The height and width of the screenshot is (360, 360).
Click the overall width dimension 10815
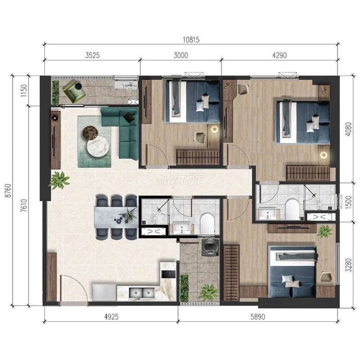(191, 40)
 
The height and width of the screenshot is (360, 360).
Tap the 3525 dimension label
(92, 55)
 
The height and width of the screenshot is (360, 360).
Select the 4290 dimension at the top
(279, 55)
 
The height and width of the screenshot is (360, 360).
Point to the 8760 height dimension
(8, 190)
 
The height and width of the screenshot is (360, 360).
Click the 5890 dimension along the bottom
(257, 317)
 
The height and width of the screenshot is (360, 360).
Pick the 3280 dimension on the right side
(348, 265)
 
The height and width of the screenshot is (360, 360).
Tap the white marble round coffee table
(98, 147)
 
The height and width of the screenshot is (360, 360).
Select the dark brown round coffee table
(90, 133)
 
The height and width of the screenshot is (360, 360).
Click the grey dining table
(116, 217)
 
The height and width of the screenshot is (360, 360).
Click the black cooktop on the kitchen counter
(168, 274)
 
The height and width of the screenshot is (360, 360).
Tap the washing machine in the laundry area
(210, 247)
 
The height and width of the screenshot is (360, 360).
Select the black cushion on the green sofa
(129, 117)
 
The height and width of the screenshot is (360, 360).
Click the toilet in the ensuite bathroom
(292, 209)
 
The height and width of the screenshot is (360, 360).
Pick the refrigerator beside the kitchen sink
(104, 293)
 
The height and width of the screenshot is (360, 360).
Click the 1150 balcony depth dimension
(24, 91)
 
